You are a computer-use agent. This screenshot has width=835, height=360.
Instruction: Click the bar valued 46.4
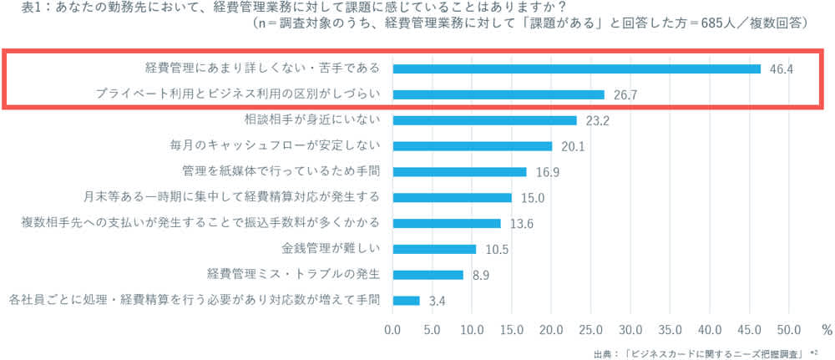(576, 68)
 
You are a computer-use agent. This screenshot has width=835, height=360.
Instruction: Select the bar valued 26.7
(498, 94)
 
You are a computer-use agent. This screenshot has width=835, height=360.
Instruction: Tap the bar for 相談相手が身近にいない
(484, 120)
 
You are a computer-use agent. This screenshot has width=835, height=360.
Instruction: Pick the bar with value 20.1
(472, 146)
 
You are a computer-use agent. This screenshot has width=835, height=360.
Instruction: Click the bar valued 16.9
(459, 172)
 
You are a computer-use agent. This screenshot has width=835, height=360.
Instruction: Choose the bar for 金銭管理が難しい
(434, 249)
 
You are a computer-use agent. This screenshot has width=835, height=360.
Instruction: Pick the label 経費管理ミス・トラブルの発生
(293, 275)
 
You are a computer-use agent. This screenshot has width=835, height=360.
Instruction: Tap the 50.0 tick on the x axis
(789, 328)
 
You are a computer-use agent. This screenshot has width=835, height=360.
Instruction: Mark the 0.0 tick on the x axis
(392, 328)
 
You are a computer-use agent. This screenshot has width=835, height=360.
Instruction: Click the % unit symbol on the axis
(826, 328)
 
